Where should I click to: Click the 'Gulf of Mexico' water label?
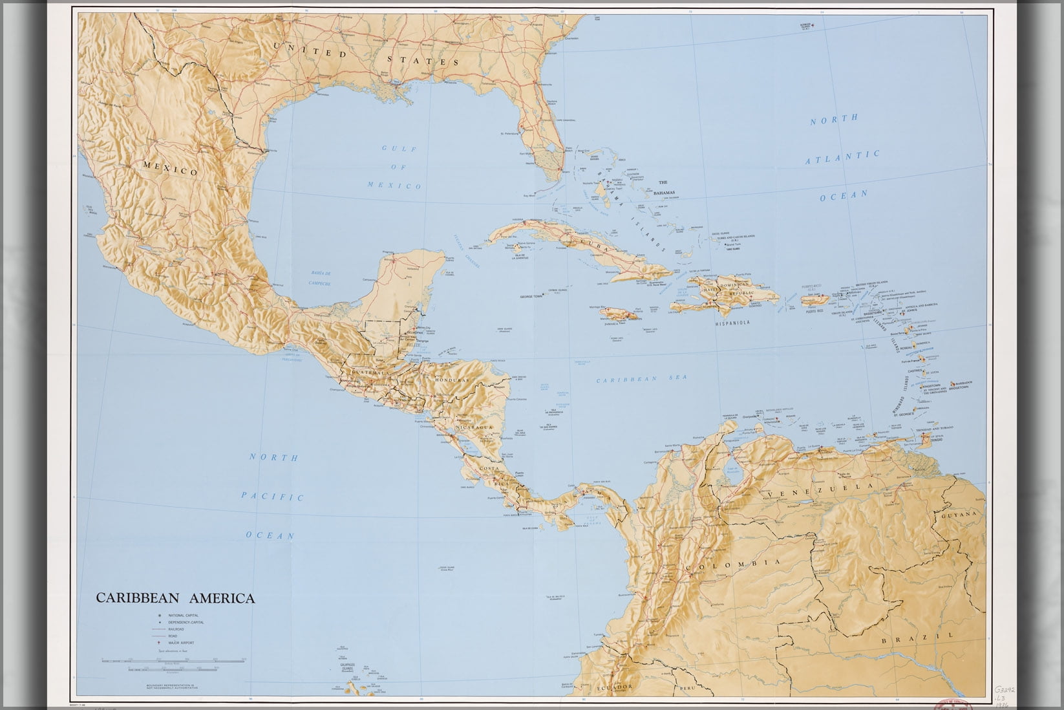tap(394, 167)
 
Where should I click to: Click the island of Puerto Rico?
tap(814, 300)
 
